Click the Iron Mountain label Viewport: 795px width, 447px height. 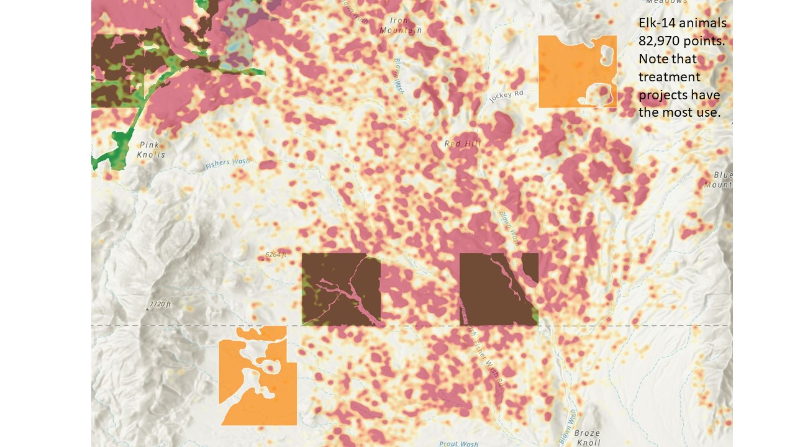[x=400, y=25]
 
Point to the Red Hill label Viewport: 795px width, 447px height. [x=463, y=143]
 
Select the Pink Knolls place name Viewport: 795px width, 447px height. [x=151, y=150]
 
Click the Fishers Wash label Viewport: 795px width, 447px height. [x=227, y=164]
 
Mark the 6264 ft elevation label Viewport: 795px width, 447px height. [x=276, y=255]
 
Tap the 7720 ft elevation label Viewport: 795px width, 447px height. [x=160, y=305]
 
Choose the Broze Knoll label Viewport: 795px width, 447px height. [x=587, y=438]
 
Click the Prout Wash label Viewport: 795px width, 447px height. [x=458, y=443]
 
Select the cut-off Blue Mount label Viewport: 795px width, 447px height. [x=722, y=180]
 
